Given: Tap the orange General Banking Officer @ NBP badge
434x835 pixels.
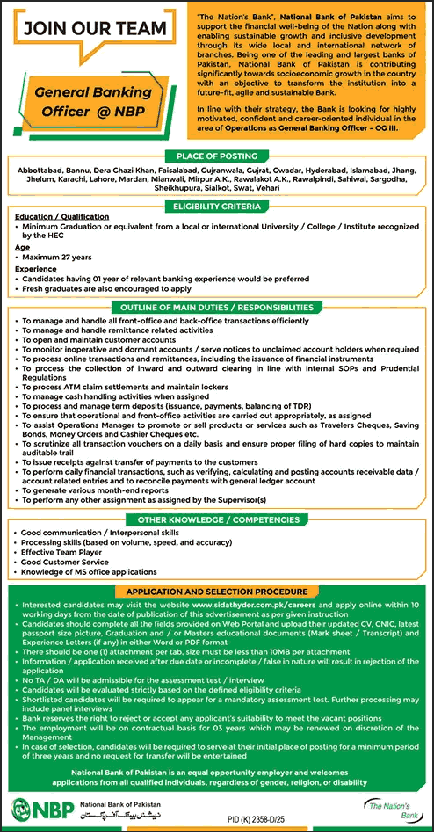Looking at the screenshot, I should pyautogui.click(x=93, y=102).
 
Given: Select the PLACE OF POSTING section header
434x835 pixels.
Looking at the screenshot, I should pyautogui.click(x=216, y=156).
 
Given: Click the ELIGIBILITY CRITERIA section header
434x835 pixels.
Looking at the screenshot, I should pyautogui.click(x=216, y=207).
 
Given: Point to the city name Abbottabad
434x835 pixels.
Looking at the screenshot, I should pyautogui.click(x=40, y=168).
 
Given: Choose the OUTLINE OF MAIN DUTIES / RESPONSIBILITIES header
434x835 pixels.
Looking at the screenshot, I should pyautogui.click(x=216, y=308).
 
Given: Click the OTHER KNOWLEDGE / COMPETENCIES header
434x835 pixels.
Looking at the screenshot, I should pyautogui.click(x=216, y=519).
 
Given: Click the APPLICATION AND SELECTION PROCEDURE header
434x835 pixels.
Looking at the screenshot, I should pyautogui.click(x=216, y=592).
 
